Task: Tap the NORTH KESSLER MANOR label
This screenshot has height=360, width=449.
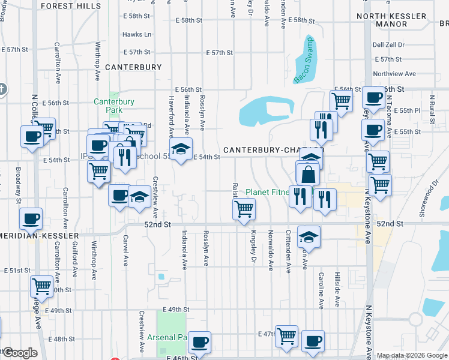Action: point(391,20)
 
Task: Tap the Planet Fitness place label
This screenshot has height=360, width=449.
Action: point(268,193)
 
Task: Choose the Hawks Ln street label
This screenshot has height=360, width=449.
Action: point(137,35)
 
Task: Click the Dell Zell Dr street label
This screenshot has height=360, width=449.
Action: point(388,44)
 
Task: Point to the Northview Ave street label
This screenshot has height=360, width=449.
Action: point(394,74)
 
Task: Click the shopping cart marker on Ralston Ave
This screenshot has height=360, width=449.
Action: point(244,209)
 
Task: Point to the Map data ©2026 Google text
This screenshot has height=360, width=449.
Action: point(412,355)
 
